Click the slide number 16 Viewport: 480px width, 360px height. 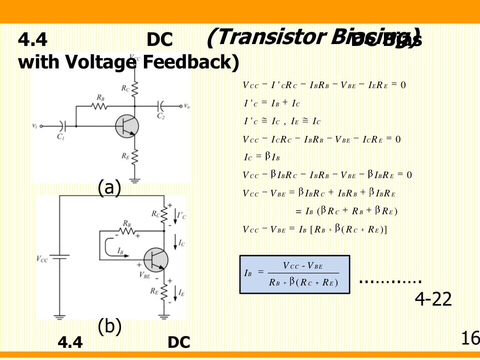470,337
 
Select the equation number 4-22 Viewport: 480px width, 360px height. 433,300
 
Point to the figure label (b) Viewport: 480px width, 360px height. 109,326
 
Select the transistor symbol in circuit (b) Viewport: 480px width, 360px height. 156,259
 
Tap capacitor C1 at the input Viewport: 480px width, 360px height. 63,126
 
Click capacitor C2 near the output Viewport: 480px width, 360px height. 161,106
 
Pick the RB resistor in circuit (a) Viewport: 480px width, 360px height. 100,106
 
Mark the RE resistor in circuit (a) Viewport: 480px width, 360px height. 135,157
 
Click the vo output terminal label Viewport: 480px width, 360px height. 187,106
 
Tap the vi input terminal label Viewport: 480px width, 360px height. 35,126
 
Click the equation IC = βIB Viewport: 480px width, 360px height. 262,157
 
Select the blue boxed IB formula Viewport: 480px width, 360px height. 294,274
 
